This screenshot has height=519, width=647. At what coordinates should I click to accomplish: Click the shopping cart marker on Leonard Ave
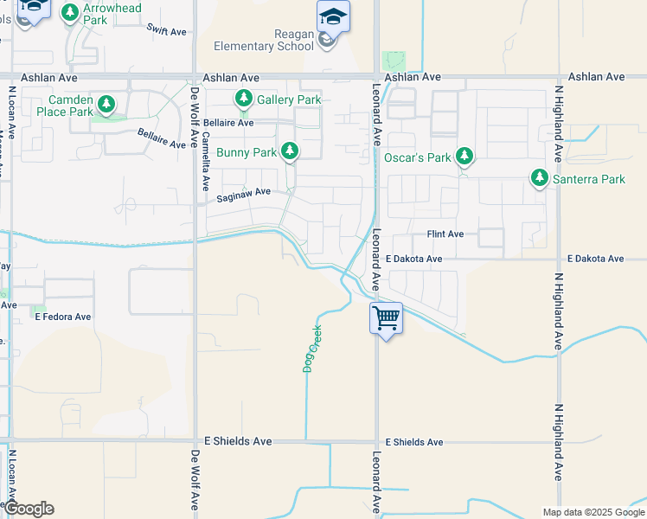pos(386,317)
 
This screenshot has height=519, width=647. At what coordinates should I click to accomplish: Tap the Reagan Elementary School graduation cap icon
pos(332,16)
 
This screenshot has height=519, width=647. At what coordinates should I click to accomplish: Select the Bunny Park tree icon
pos(291,151)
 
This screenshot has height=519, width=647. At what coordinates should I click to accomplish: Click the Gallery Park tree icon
pos(244,99)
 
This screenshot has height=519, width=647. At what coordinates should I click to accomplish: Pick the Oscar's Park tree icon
pos(465,156)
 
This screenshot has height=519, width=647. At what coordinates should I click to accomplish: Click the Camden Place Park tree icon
pos(106,105)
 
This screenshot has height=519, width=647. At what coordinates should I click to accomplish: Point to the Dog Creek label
pos(311,348)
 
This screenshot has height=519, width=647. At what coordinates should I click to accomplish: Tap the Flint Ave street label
pos(445,234)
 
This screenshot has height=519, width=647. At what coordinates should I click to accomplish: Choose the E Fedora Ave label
pos(62,317)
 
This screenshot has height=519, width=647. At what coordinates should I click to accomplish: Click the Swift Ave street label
pos(167,31)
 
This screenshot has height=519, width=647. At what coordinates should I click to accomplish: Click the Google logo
pos(29,509)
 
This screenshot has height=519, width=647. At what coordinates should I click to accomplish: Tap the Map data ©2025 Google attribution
pos(593,513)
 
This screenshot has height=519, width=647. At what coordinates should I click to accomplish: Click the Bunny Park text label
pos(247,153)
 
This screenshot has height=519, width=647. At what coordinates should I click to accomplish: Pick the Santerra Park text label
pos(590,179)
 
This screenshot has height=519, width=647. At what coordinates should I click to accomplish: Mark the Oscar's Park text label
pos(418,157)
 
